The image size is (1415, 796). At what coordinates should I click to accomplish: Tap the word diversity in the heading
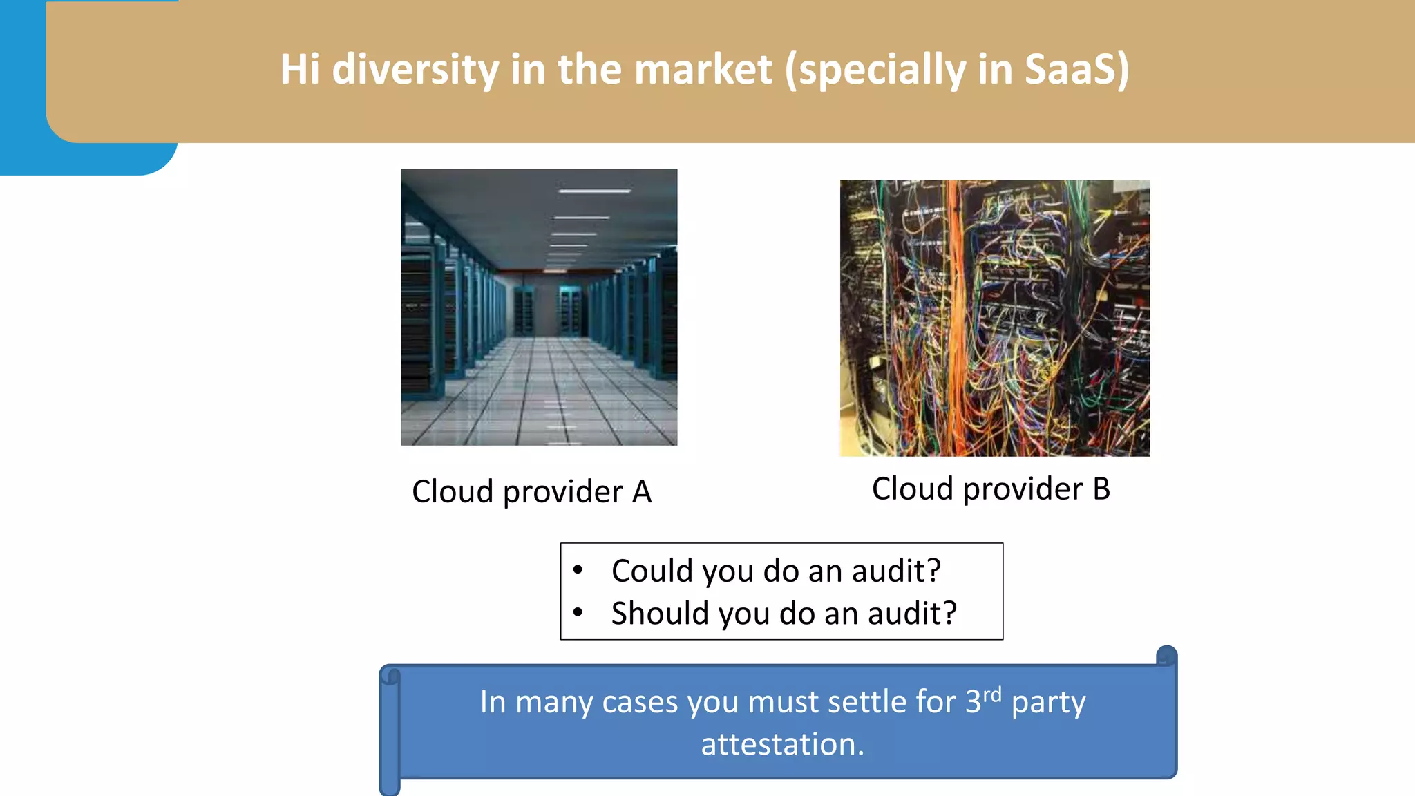[x=415, y=70]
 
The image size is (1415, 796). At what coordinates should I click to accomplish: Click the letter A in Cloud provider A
[x=642, y=492]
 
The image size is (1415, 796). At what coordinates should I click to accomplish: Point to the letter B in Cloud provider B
[x=1101, y=489]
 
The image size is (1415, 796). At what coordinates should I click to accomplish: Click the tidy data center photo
[x=539, y=307]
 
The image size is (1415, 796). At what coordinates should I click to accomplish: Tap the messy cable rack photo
[x=994, y=318]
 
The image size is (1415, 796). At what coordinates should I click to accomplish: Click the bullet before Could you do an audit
[x=578, y=570]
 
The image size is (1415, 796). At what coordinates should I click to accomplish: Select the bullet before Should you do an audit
[x=578, y=612]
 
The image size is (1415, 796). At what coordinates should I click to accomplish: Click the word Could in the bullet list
[x=652, y=571]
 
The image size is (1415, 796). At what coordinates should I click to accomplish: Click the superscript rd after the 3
[x=992, y=694]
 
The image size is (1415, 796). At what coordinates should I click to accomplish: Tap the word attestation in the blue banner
[x=782, y=744]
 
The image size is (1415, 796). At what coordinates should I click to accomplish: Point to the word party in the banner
[x=1048, y=703]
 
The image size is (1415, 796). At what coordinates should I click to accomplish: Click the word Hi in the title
[x=300, y=70]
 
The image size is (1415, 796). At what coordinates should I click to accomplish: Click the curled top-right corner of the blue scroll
[x=1166, y=656]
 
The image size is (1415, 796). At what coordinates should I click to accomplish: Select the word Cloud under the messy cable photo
[x=913, y=489]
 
